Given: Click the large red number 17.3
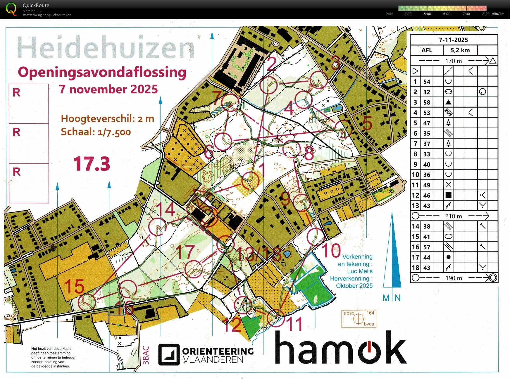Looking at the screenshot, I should pos(92,164).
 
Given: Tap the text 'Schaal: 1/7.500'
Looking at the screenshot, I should pos(96,132).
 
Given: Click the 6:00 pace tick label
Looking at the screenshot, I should pos(447,14).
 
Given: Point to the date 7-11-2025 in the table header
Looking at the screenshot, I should pos(453,40).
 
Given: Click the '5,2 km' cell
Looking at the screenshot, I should pos(460,50).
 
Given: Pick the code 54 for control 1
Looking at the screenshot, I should pos(427,82).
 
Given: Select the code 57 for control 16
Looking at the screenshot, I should pos(427,247).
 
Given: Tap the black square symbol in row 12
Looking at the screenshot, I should pos(448,195).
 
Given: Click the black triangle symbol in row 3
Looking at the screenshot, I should pos(448,102).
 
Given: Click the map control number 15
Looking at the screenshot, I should pos(74,286).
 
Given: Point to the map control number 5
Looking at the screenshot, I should pos(367,123).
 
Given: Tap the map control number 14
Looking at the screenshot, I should pos(166,210).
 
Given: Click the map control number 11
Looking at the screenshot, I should pos(294,324).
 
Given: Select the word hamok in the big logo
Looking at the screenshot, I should pos(341,348).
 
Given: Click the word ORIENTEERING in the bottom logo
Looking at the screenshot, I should pos(218,351).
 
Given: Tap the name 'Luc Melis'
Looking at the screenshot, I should pos(360,271).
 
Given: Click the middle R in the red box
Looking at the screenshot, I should pos(17,132).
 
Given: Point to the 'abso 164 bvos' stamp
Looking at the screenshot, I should pos(359,319).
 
